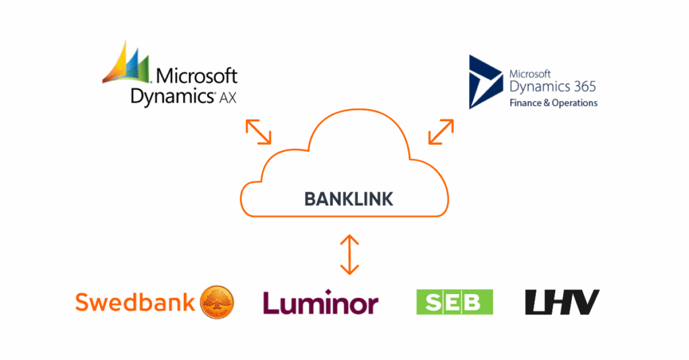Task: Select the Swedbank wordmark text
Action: [x=135, y=302]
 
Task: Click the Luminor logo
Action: [x=320, y=303]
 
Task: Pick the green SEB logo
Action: [x=455, y=302]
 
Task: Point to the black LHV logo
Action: [x=562, y=302]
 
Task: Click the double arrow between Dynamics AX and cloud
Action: [x=258, y=132]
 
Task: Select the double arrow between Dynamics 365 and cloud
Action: [x=441, y=132]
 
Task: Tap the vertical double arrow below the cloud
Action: [x=349, y=254]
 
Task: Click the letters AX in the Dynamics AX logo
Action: [x=228, y=98]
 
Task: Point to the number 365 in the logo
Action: [x=582, y=87]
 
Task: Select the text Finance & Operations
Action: [x=553, y=103]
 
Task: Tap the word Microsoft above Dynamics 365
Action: [x=530, y=73]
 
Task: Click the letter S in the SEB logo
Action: [x=433, y=302]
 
